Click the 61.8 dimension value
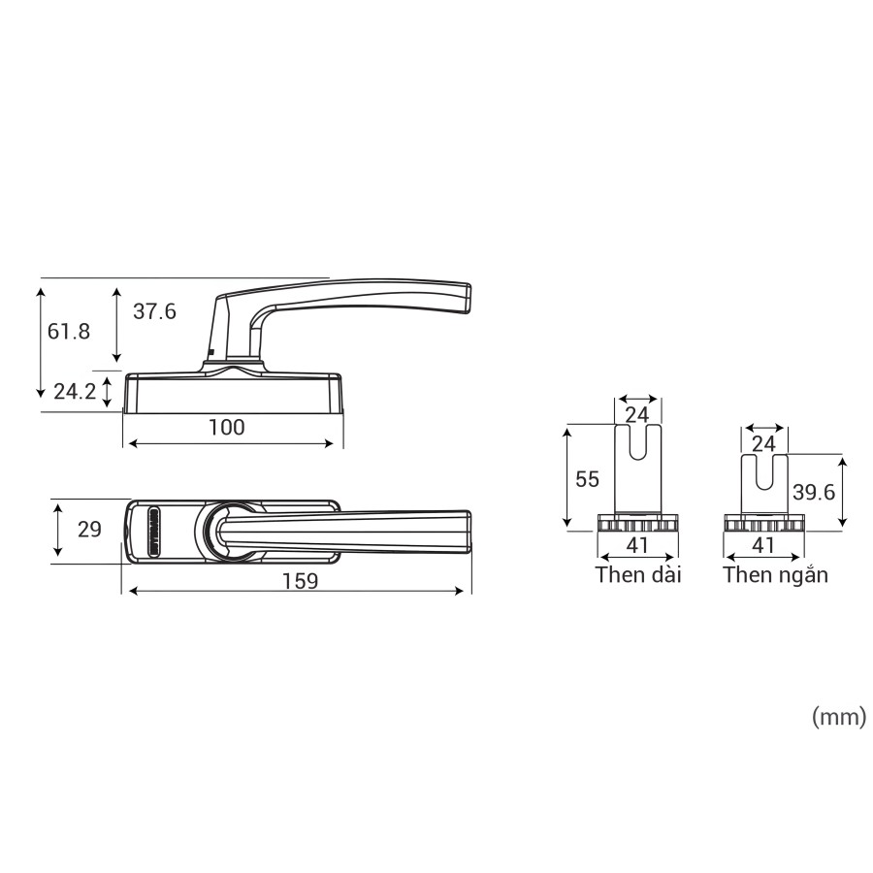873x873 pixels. tap(69, 332)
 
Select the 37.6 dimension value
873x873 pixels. tap(154, 311)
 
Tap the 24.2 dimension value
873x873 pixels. tap(75, 392)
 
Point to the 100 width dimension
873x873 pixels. tap(227, 427)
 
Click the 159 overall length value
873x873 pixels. tap(300, 581)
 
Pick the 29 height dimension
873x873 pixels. tap(89, 530)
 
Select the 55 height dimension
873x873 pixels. tap(588, 479)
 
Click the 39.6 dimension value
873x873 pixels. tap(814, 492)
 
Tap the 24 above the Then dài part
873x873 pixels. tap(637, 415)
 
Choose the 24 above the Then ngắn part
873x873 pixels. tap(763, 443)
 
